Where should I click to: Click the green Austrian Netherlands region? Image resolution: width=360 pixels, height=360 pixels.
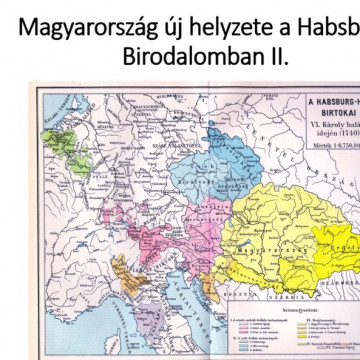[59, 136]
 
